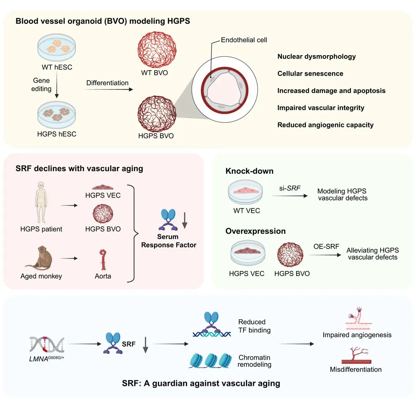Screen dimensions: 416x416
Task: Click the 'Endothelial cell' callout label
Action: pyautogui.click(x=244, y=40)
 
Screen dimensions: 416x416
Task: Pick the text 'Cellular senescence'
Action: pyautogui.click(x=310, y=74)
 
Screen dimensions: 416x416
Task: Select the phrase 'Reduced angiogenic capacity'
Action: pyautogui.click(x=325, y=125)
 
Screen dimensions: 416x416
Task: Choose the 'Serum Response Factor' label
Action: pyautogui.click(x=169, y=241)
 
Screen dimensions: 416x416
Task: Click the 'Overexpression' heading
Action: pyautogui.click(x=256, y=231)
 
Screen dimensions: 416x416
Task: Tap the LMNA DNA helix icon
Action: pyautogui.click(x=47, y=344)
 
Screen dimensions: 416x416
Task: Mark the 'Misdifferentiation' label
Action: pyautogui.click(x=355, y=369)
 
